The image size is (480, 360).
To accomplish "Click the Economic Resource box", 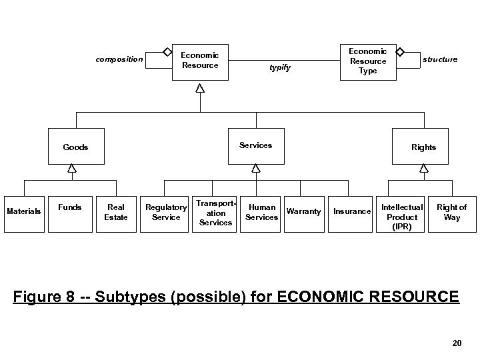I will coord(199,61).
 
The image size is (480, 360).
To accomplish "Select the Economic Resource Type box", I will coord(368,61).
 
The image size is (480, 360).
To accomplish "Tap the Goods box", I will coord(76,147).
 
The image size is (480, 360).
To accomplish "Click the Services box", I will coord(255,145).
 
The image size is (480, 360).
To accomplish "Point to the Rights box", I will coord(423,147).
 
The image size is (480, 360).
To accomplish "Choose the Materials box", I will coord(24,212).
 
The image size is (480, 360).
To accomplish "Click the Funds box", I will coord(70,212).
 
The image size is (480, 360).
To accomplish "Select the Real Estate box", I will coord(116,212).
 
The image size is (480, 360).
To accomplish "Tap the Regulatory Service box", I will coord(166,212).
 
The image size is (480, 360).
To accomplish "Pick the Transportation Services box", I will coord(215,212).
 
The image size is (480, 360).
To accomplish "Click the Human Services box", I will coord(262,212).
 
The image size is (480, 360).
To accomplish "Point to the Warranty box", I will coord(303,212).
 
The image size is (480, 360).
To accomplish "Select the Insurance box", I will coord(351,212).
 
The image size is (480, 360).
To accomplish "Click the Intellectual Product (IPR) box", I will coord(402,216).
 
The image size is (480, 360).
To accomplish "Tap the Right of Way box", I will coord(452,212).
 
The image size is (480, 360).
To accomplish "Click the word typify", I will coord(280,68).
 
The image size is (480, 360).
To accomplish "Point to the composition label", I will coord(119,59).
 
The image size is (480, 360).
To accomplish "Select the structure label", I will coord(440,59).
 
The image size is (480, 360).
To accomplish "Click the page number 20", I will coord(457,343).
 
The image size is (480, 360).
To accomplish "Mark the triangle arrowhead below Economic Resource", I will coord(199,89).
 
